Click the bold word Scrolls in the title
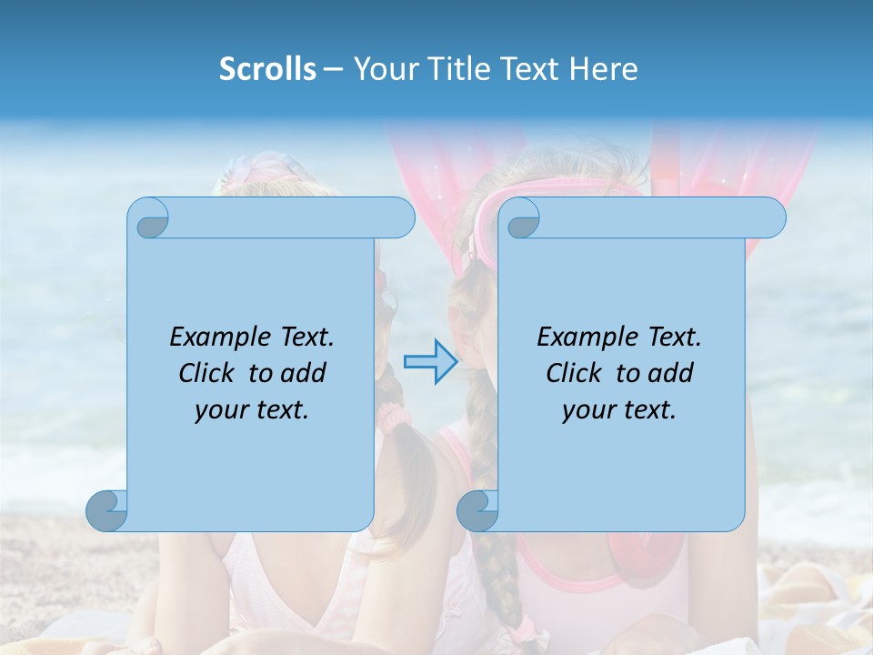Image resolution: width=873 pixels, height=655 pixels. [267, 68]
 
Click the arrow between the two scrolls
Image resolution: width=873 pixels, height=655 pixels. [430, 362]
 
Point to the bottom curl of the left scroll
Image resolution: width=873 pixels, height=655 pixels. [107, 510]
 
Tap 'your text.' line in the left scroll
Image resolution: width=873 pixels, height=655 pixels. [252, 409]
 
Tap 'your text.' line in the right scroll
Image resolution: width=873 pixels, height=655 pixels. [619, 409]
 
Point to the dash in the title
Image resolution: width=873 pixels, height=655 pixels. [332, 69]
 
